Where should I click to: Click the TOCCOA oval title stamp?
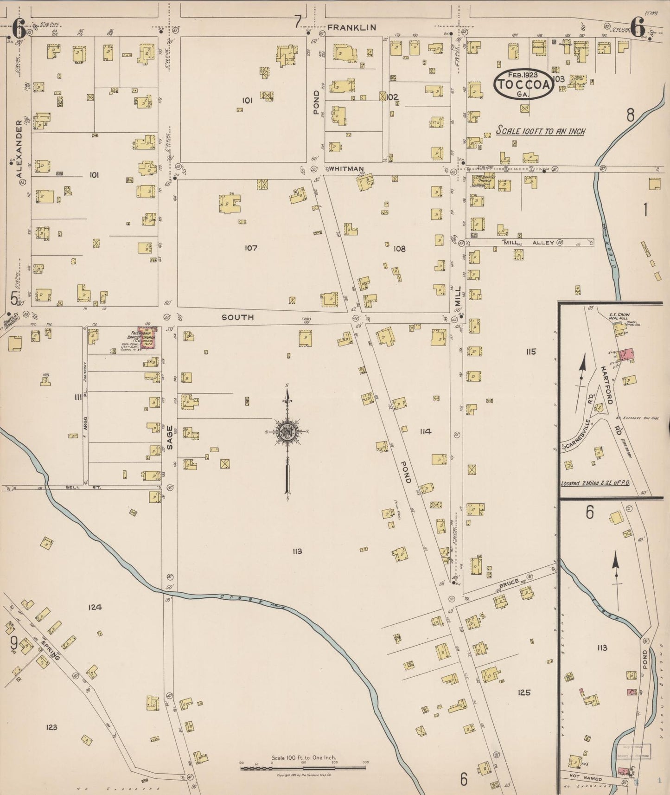[523, 84]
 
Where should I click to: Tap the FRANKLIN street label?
[351, 28]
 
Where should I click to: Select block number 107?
[251, 248]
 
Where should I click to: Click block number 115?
[530, 352]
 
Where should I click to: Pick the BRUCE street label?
[509, 583]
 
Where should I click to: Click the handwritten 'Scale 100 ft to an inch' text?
[540, 131]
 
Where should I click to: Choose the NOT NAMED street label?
[586, 779]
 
